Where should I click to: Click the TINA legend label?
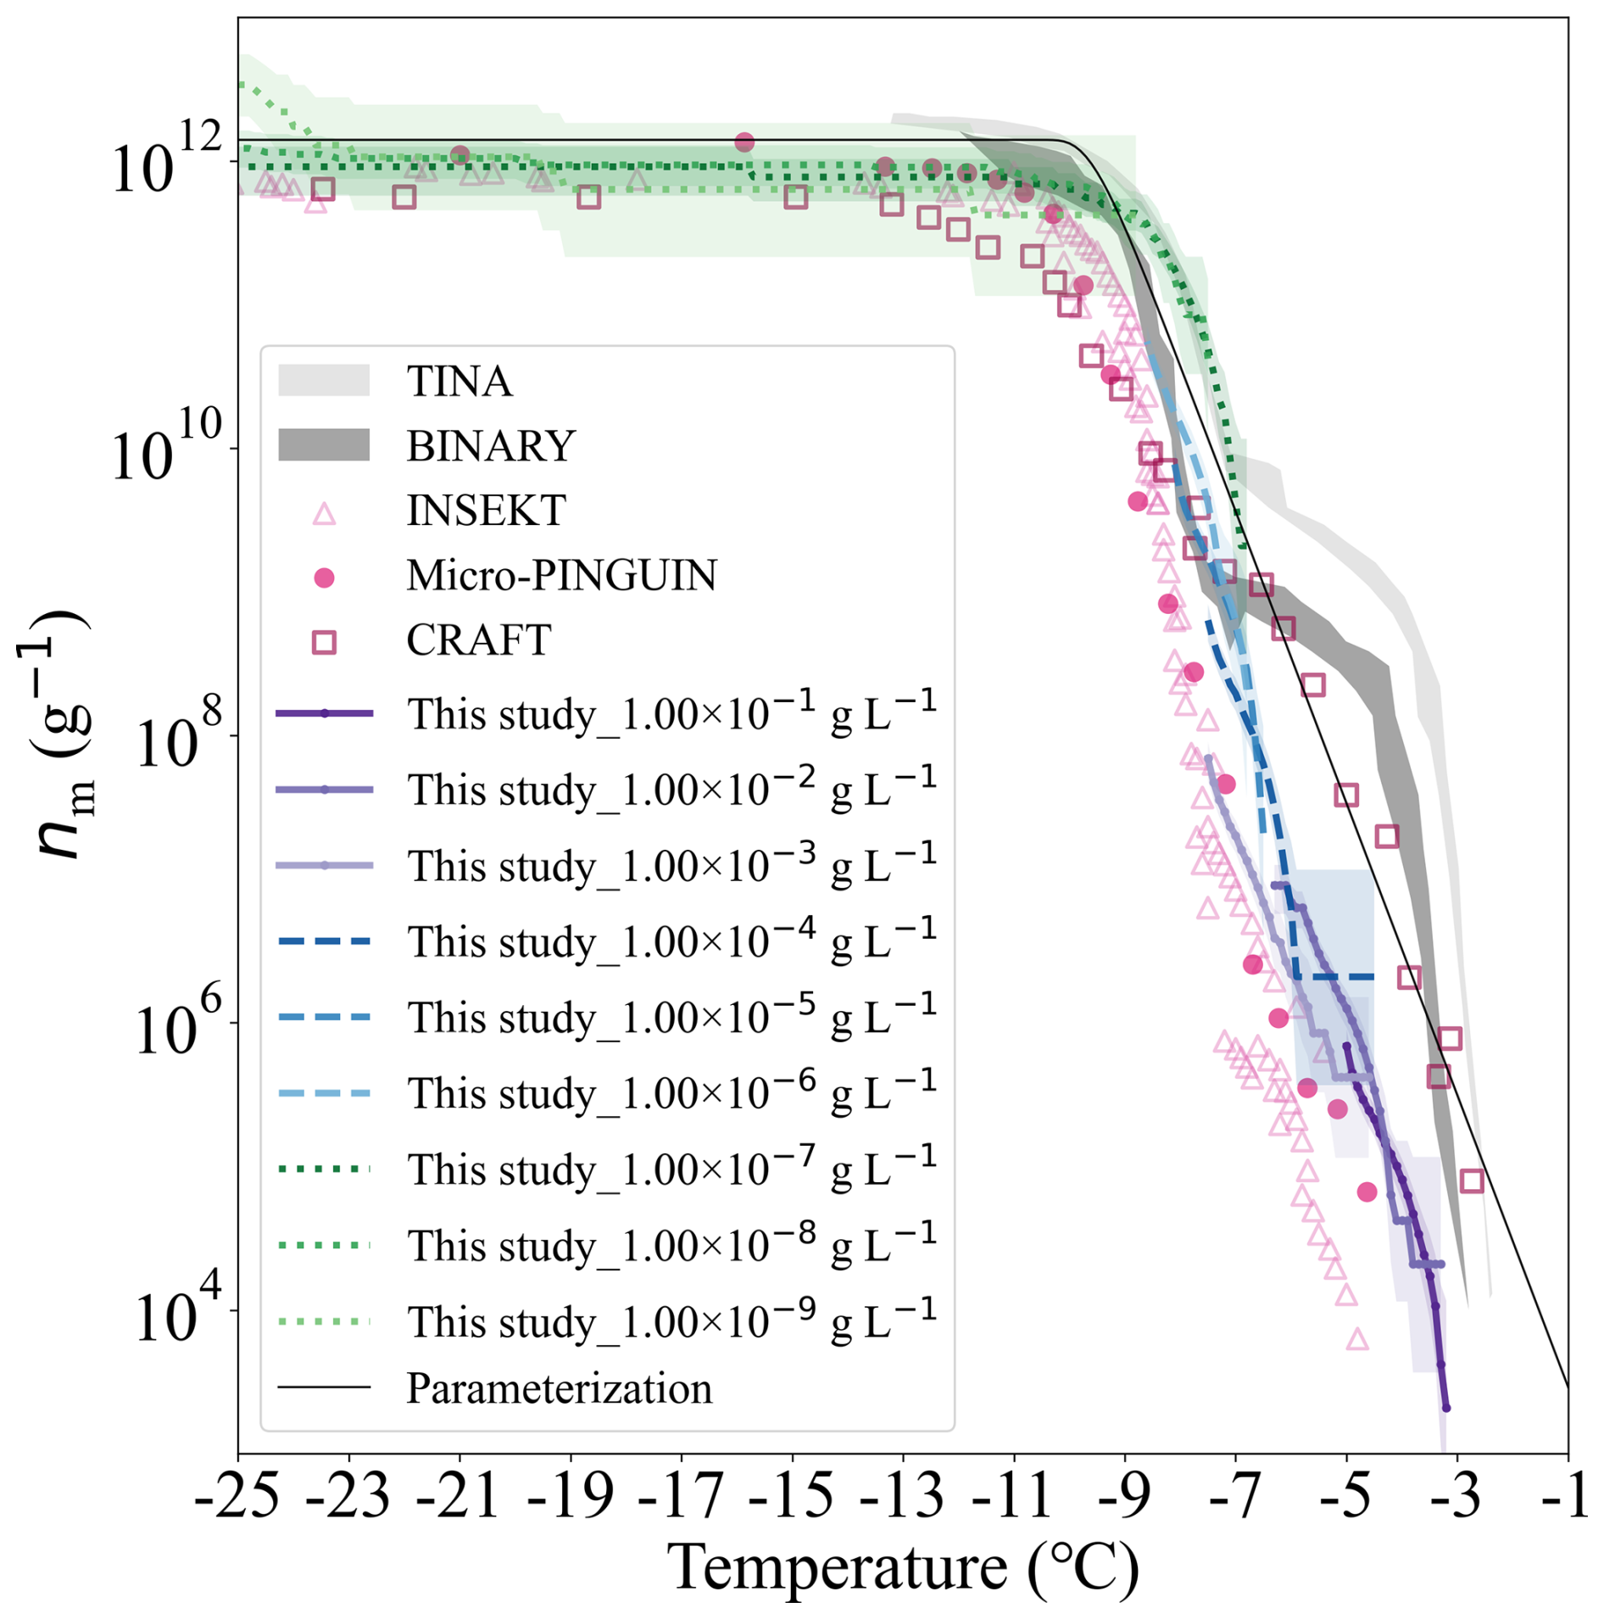point(459,381)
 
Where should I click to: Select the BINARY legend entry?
point(490,445)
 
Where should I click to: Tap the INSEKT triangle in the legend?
point(324,514)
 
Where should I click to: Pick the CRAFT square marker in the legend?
point(324,642)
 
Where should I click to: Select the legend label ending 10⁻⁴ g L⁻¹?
point(671,941)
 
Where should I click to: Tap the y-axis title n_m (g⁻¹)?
point(59,734)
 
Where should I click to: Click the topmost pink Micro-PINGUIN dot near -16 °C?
point(744,142)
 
